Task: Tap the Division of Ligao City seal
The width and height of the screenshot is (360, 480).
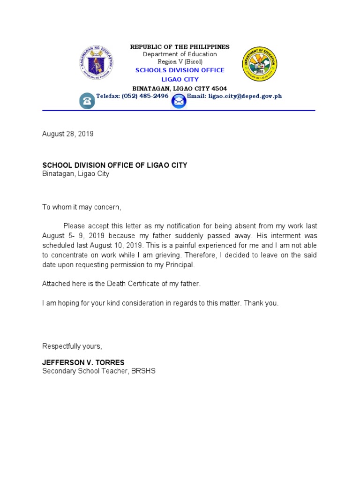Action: coord(260,64)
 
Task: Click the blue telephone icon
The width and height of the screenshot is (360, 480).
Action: coord(87,101)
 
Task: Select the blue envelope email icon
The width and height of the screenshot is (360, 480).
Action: coord(179,101)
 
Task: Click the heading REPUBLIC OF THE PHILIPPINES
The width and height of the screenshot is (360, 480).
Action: coord(180,47)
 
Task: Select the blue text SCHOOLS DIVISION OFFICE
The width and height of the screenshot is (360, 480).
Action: coord(180,70)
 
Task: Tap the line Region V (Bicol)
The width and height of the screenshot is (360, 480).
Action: coord(180,62)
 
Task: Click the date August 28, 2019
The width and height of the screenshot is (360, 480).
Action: coord(68,134)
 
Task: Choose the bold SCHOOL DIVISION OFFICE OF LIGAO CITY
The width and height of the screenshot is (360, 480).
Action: coord(115,165)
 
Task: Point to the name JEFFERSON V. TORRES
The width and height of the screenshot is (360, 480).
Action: coord(83,362)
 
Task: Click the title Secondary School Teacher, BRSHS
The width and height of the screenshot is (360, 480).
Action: coord(98,371)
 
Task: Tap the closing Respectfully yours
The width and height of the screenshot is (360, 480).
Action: coord(72,346)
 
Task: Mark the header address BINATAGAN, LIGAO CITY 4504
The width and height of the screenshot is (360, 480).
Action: coord(180,88)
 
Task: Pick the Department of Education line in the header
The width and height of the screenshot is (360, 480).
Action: coord(180,54)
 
